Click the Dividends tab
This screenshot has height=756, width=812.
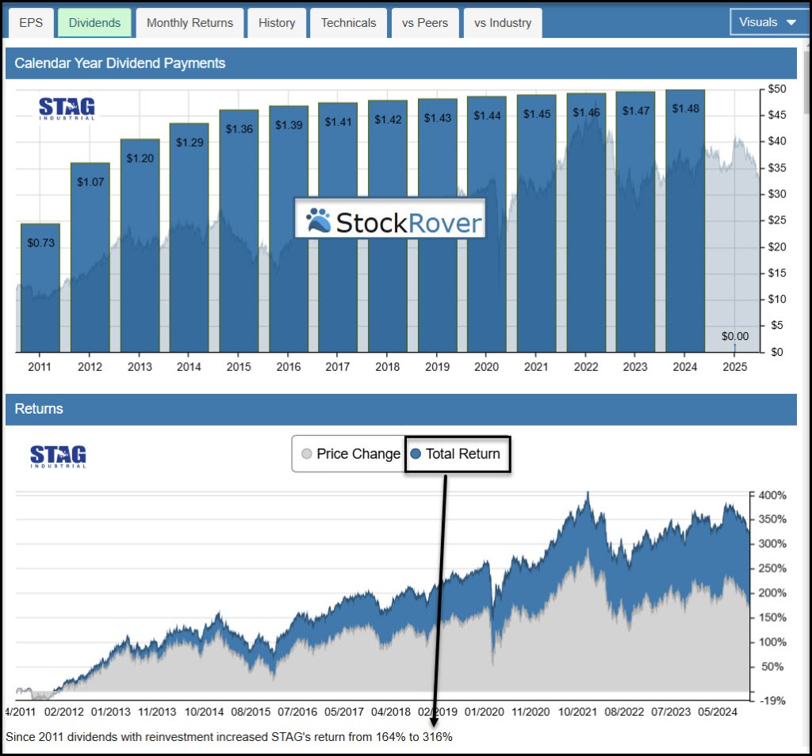point(94,23)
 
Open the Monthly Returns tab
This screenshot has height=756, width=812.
point(190,23)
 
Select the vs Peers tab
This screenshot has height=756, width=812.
point(425,23)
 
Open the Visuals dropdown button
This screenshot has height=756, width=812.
point(768,22)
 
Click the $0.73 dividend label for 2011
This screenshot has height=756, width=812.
point(40,243)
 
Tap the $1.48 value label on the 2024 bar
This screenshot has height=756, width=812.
point(684,109)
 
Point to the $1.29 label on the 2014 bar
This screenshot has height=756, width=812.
point(189,143)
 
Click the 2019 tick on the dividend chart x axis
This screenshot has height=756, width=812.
point(437,367)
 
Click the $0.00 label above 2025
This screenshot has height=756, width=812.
point(734,337)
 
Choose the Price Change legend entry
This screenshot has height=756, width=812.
point(350,454)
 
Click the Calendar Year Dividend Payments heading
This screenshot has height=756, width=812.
point(120,63)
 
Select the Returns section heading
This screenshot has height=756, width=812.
point(39,409)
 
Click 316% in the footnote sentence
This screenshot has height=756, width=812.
point(437,737)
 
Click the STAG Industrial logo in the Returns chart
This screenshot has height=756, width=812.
point(58,456)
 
